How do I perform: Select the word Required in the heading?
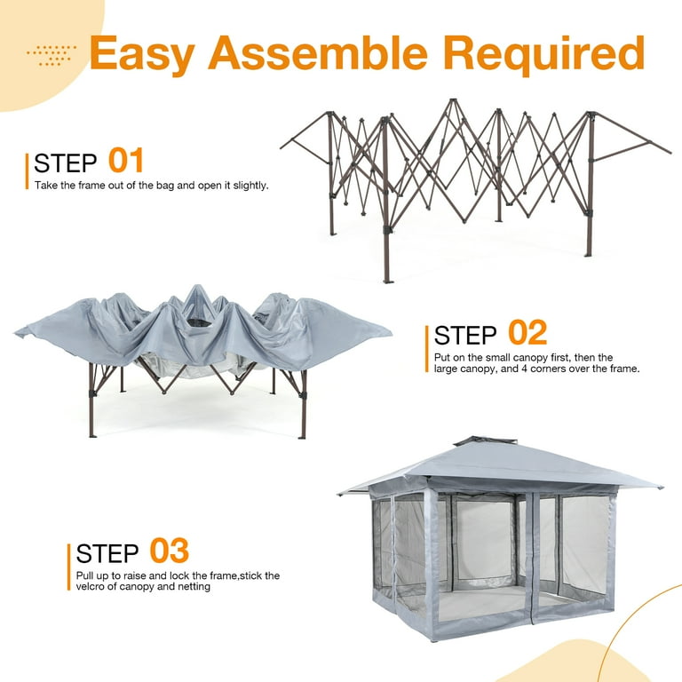(x=543, y=54)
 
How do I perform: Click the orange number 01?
(x=125, y=161)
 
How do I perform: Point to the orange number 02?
(x=527, y=333)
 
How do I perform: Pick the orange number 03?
(x=169, y=551)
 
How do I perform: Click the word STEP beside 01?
(x=66, y=163)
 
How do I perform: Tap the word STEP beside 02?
(x=466, y=336)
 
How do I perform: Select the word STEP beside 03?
(x=108, y=553)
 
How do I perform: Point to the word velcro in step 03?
(x=83, y=587)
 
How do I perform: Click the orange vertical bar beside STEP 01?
(x=28, y=171)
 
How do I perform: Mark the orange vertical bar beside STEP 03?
(x=69, y=566)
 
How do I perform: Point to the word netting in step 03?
(x=192, y=587)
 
